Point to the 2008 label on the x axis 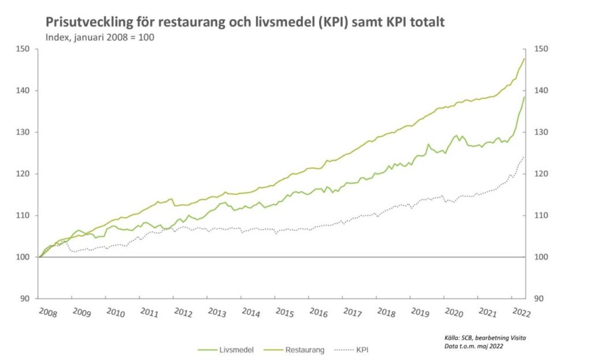pyautogui.click(x=48, y=312)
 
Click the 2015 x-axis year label pyautogui.click(x=285, y=312)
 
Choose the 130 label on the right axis pyautogui.click(x=543, y=132)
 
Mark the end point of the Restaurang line pyautogui.click(x=524, y=58)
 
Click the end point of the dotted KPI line pyautogui.click(x=524, y=157)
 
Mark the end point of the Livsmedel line pyautogui.click(x=524, y=97)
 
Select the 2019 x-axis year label pyautogui.click(x=420, y=312)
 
